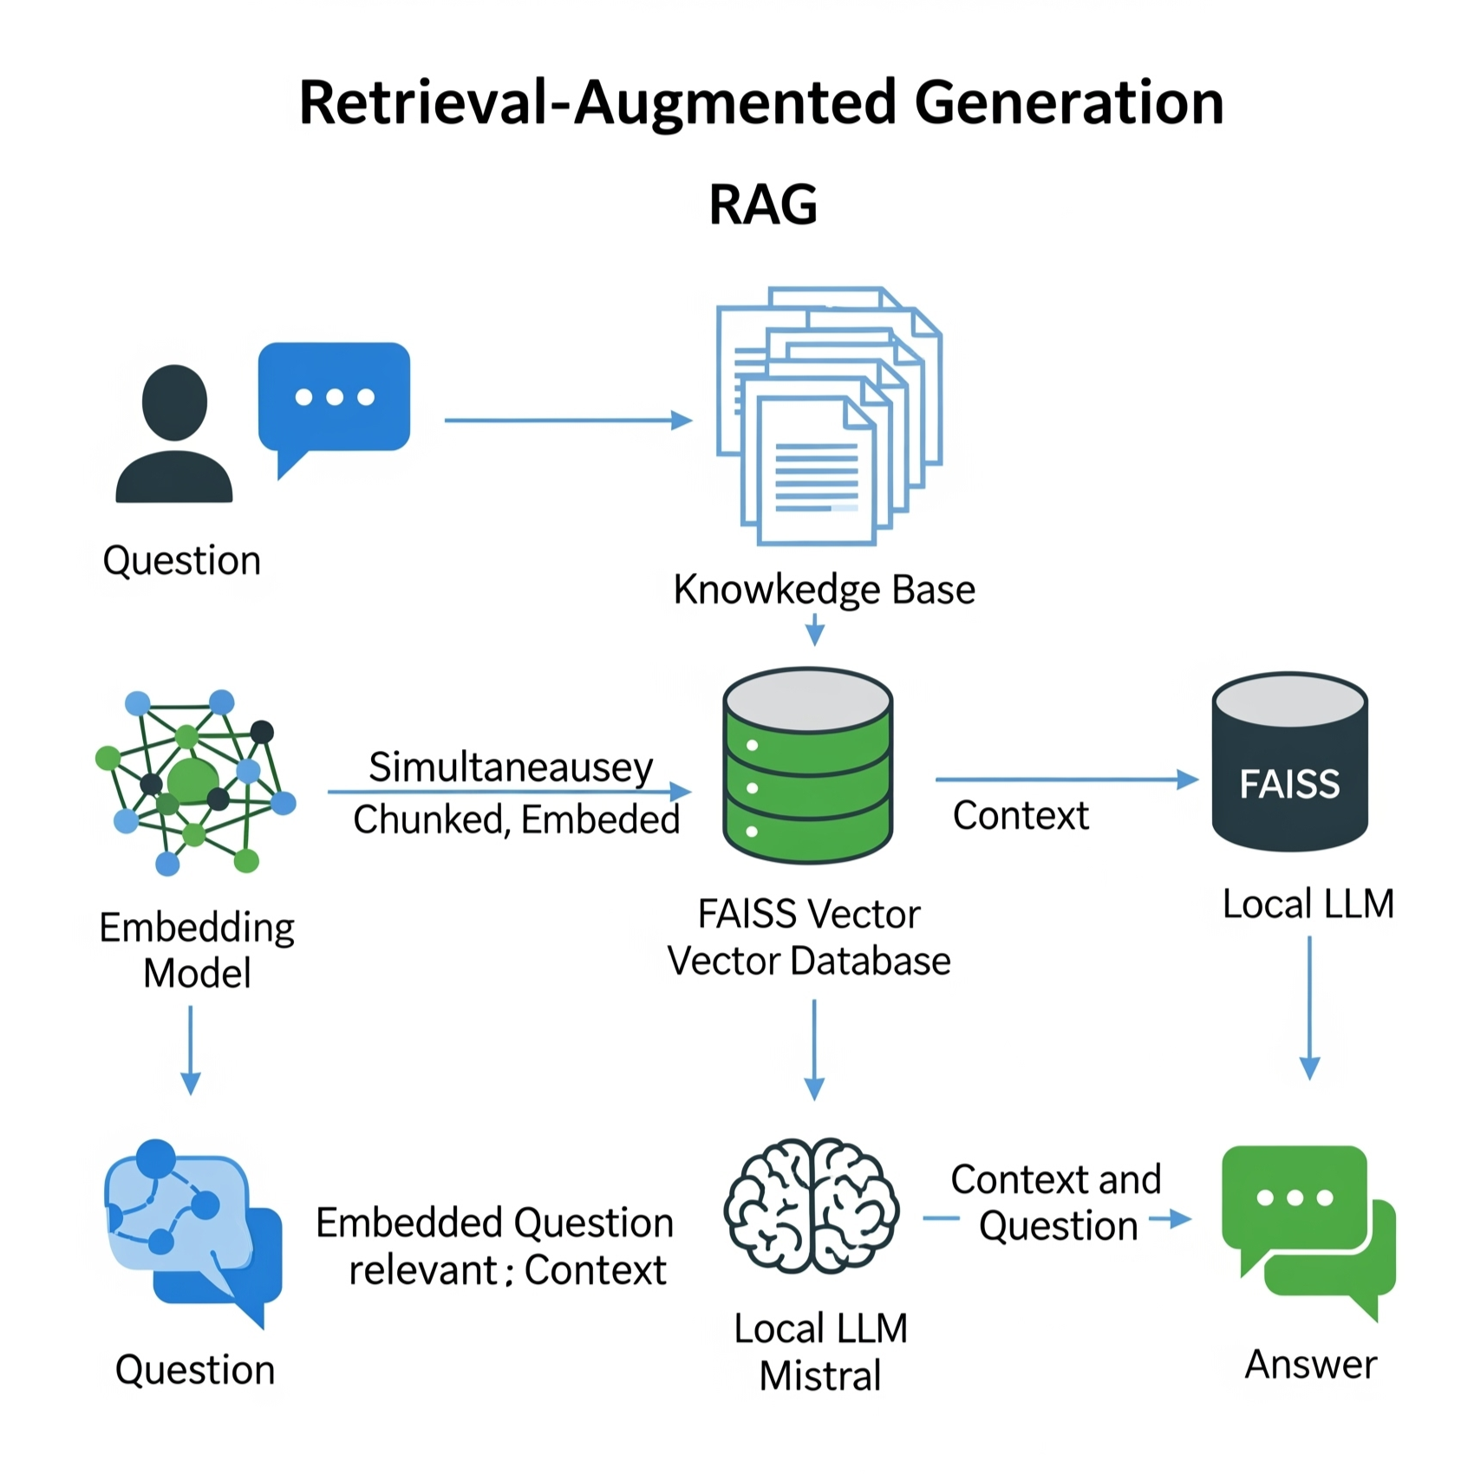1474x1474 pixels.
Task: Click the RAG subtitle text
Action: (x=763, y=205)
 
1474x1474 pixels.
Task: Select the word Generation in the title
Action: (x=1068, y=102)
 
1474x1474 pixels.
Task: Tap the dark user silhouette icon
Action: (x=174, y=434)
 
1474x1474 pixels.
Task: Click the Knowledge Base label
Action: (x=824, y=590)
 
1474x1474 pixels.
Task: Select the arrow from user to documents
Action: (x=568, y=421)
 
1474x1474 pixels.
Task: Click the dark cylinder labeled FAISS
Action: (x=1289, y=763)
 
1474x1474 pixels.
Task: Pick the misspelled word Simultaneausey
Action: (x=511, y=766)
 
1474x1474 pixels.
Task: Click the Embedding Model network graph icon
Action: (x=195, y=780)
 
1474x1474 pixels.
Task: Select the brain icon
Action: (x=812, y=1205)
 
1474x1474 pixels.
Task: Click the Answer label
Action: (x=1310, y=1364)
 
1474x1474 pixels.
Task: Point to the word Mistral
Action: (x=820, y=1375)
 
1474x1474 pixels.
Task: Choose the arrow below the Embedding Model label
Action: (x=191, y=1049)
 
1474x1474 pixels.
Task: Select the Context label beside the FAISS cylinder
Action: (x=1021, y=815)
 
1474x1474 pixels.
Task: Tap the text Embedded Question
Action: (x=494, y=1223)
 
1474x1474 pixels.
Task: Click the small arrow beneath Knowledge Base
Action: (x=815, y=629)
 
